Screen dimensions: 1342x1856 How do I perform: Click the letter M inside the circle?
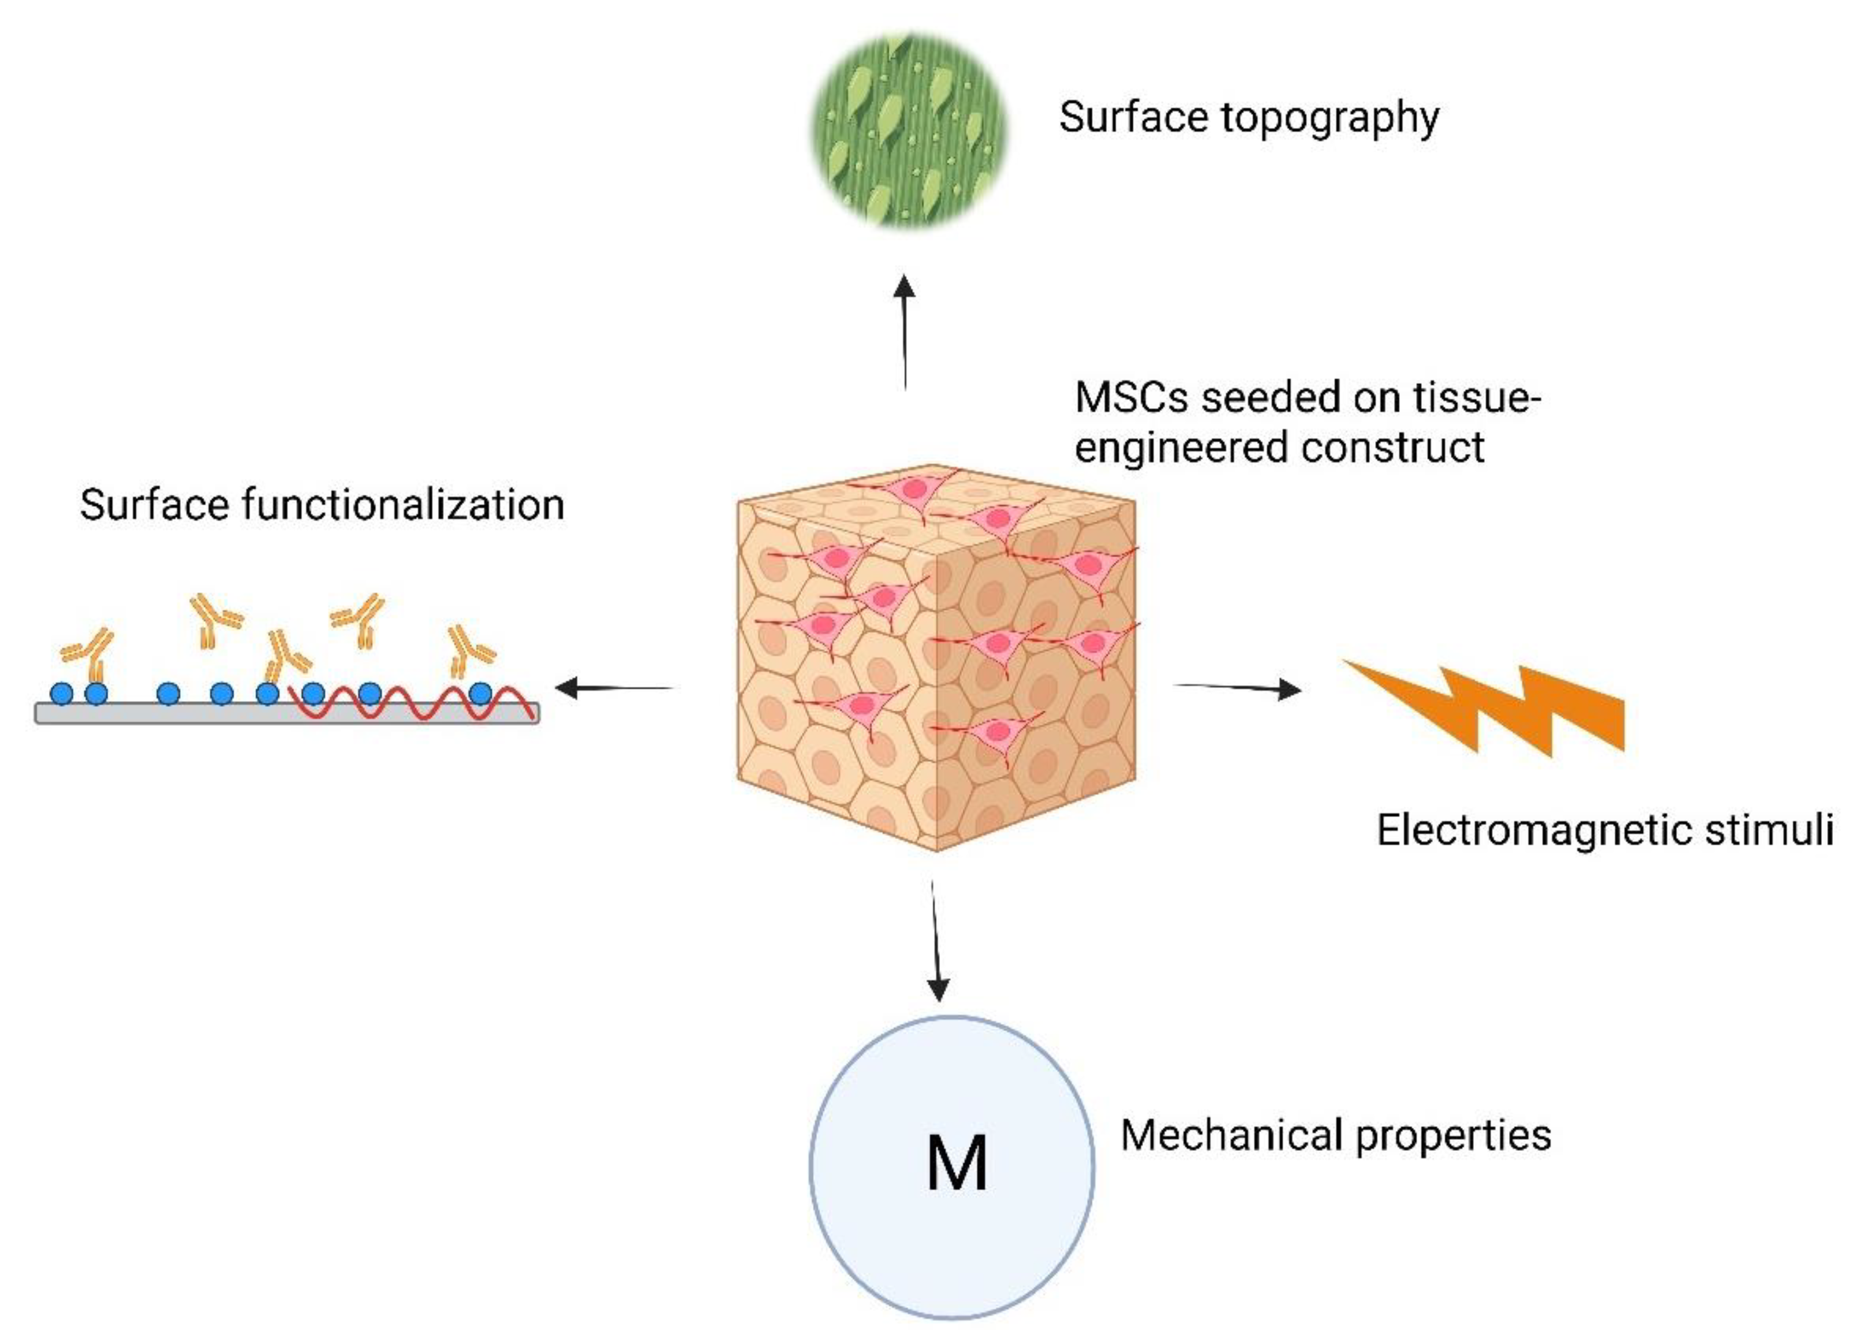click(956, 1162)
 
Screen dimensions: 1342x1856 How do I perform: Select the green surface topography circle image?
click(908, 131)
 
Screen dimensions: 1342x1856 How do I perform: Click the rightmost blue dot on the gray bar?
click(480, 694)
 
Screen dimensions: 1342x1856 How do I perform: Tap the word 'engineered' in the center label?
click(1182, 449)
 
